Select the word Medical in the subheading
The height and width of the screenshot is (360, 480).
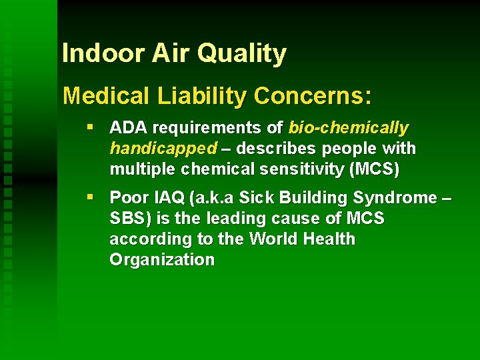[x=107, y=97]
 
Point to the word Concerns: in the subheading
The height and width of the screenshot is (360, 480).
[x=312, y=97]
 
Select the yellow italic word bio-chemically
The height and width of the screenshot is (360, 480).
[x=349, y=127]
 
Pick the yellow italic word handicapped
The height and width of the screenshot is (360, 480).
[x=163, y=148]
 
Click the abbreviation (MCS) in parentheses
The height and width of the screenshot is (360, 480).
[x=374, y=169]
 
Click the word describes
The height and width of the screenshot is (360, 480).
[x=276, y=148]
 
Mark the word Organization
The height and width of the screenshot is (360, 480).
[x=162, y=260]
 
